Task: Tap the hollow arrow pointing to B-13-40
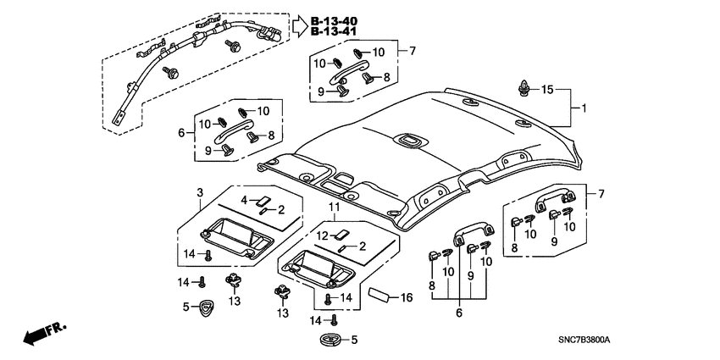(x=301, y=26)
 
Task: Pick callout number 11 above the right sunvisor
(x=334, y=208)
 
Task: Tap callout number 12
(x=322, y=235)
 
